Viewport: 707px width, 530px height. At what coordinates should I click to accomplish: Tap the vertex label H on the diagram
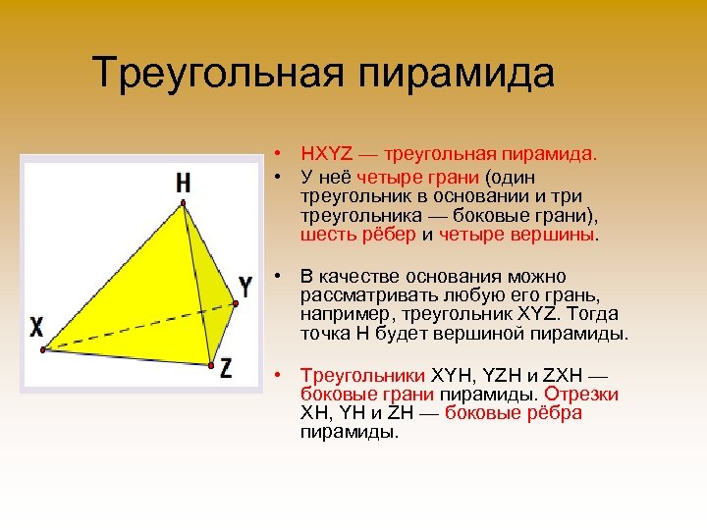tap(184, 182)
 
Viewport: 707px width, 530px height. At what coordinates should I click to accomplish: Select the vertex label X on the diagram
tap(36, 327)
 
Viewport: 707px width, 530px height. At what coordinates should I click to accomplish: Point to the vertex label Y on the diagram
tap(245, 288)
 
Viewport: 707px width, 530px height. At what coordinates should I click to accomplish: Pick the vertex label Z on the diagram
tap(226, 369)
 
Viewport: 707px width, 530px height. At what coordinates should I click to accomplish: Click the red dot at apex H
tap(183, 203)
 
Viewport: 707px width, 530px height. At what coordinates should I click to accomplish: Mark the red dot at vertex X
tap(42, 348)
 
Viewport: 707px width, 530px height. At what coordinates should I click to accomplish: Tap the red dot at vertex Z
tap(210, 365)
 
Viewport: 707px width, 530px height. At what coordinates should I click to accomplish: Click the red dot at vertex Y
tap(233, 300)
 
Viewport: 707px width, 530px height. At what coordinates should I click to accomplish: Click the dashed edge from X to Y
tap(137, 324)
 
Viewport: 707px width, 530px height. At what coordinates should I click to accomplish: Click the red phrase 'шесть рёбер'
tap(359, 235)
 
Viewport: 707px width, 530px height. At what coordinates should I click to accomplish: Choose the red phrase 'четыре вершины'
tap(517, 235)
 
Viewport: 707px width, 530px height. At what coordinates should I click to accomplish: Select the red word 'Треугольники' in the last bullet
tap(363, 375)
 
